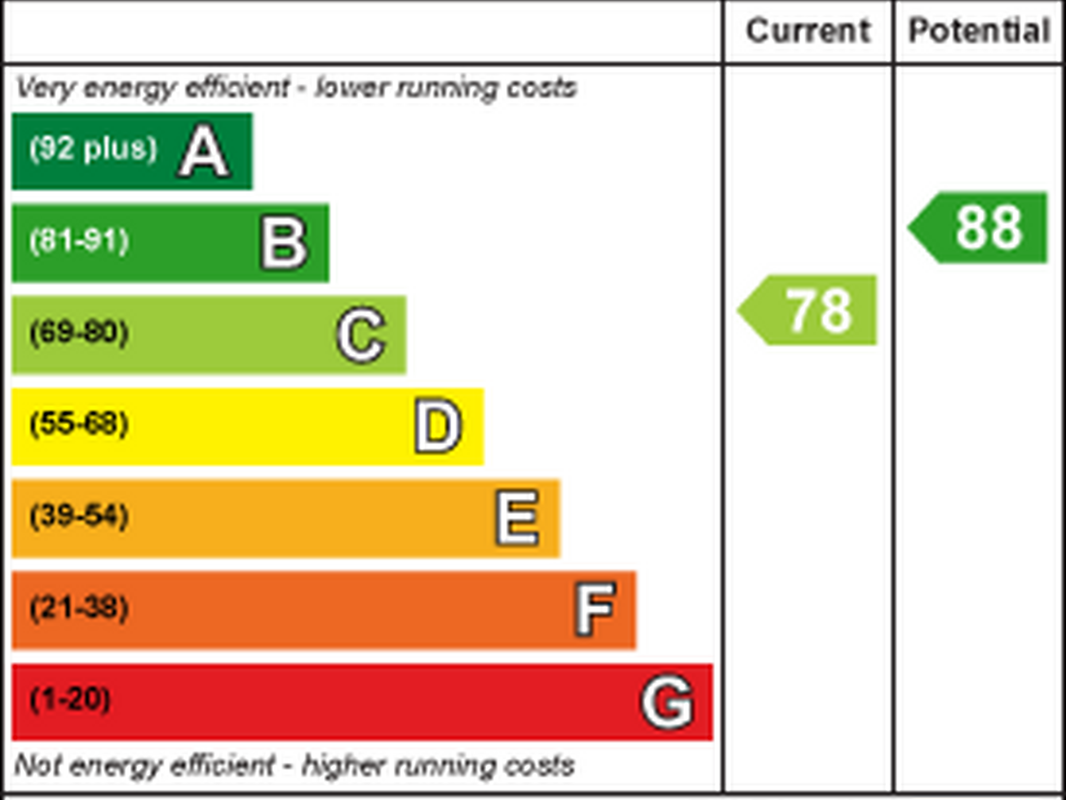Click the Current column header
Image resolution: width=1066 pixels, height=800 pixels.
pos(808,31)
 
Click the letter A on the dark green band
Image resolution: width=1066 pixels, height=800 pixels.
pos(204,152)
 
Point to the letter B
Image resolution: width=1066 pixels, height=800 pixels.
pos(284,243)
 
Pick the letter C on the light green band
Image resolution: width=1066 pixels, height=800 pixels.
pos(361,335)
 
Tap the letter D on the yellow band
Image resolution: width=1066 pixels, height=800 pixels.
pos(438,426)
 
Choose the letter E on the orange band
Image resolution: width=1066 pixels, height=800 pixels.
pos(518,518)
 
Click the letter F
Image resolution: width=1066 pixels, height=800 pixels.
pos(595,609)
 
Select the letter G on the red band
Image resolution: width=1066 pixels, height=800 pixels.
pos(667,702)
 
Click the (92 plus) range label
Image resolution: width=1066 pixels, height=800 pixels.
pos(94,148)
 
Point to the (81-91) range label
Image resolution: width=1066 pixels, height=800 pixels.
pos(79,241)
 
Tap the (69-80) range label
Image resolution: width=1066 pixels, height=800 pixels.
pos(79,332)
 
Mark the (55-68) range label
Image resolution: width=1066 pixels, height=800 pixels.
pos(79,424)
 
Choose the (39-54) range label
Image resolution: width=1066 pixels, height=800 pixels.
pos(79,516)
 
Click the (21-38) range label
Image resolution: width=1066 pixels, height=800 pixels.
pos(79,607)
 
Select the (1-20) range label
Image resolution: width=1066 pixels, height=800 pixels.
pos(70,699)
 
